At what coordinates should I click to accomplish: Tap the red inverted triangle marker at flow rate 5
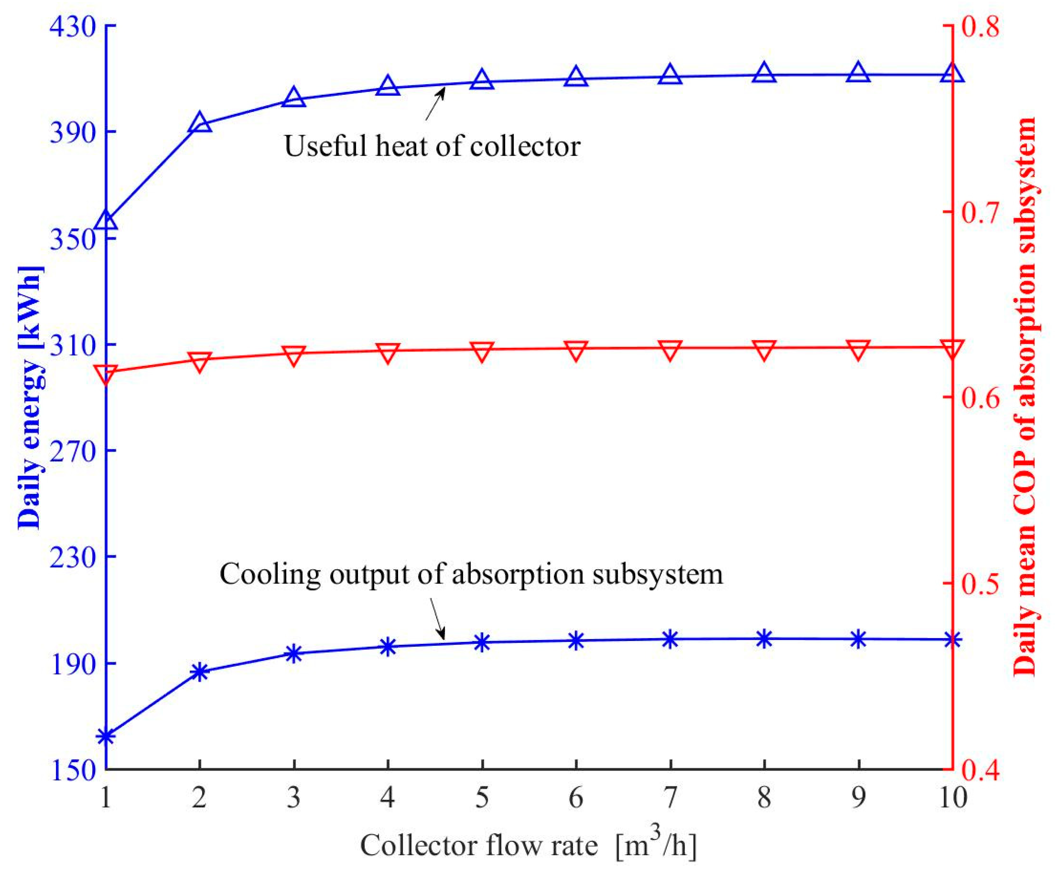coord(482,352)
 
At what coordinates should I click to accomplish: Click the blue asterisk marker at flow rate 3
coord(294,654)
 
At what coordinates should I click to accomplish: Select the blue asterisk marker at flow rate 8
coord(764,639)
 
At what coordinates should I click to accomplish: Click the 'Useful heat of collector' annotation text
coord(432,147)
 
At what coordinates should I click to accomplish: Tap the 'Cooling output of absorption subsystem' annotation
coord(471,574)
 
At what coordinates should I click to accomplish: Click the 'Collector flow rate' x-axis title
coord(528,845)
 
